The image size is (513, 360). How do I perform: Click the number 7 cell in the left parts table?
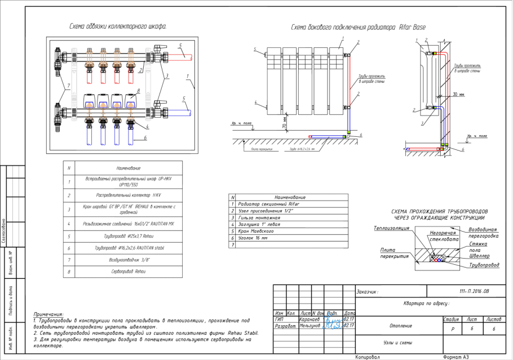coord(69,260)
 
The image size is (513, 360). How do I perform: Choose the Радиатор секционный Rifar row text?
coord(264,204)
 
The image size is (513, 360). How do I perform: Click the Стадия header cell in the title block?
coord(451,318)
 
